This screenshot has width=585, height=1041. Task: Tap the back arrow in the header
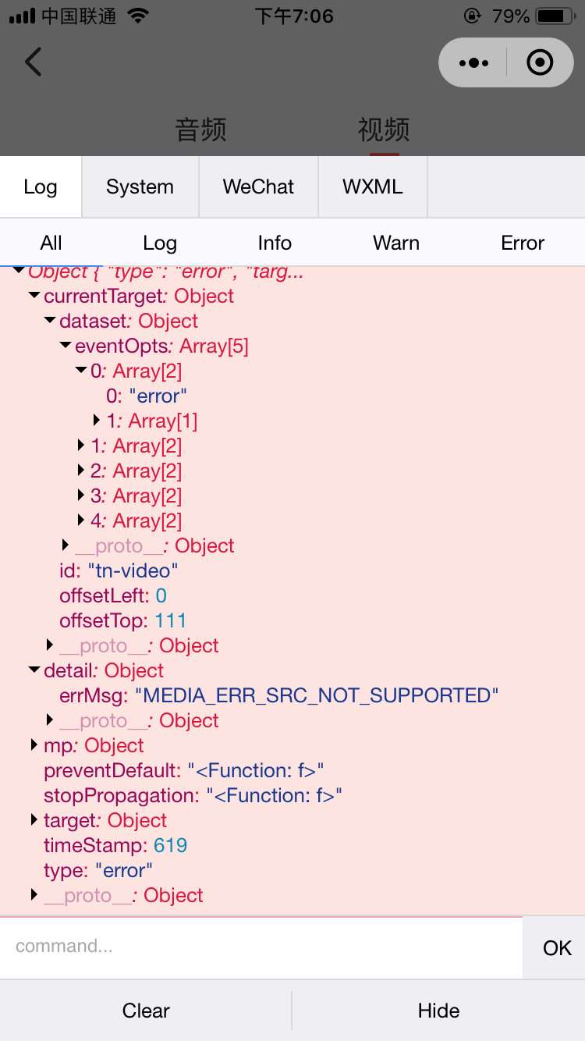click(33, 62)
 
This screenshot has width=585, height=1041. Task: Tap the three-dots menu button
click(473, 62)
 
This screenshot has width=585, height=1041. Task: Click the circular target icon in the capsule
click(540, 62)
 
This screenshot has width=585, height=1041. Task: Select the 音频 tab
click(200, 130)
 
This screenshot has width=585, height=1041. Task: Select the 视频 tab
click(384, 130)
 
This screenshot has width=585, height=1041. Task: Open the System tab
click(140, 187)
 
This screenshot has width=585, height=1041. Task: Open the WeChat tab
click(258, 187)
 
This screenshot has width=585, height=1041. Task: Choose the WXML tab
click(373, 187)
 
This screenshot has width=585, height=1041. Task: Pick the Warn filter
click(396, 243)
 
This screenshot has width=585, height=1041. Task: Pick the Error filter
click(523, 243)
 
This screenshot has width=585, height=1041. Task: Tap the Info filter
click(275, 243)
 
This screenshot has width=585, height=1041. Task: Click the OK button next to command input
click(557, 948)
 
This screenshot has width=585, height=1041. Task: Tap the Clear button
click(146, 1011)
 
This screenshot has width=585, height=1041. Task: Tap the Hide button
click(438, 1011)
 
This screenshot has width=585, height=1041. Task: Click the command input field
click(261, 947)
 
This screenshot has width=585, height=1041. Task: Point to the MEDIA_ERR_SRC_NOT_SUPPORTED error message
click(317, 695)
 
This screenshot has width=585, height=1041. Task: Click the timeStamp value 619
click(171, 845)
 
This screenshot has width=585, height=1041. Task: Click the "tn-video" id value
click(133, 570)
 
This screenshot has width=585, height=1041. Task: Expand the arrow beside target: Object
click(34, 819)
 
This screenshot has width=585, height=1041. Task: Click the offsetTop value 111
click(170, 620)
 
